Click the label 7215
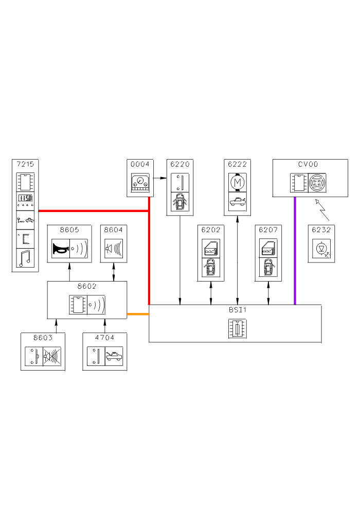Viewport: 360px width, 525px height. point(25,164)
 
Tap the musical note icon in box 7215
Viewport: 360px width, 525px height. point(25,257)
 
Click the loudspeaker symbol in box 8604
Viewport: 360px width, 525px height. point(114,249)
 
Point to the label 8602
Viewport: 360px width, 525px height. point(87,285)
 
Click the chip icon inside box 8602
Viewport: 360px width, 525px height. point(78,305)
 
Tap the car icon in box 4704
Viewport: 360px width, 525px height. point(114,356)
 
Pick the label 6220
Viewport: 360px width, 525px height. point(179,165)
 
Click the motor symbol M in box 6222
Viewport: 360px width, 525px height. point(237,182)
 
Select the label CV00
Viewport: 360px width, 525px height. point(308,164)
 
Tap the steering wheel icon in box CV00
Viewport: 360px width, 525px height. point(317,183)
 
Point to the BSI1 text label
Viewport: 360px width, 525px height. point(236,310)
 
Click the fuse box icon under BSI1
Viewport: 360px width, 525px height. point(237,328)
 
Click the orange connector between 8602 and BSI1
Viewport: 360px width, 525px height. point(138,313)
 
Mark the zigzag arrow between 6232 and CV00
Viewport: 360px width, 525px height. point(322,211)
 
